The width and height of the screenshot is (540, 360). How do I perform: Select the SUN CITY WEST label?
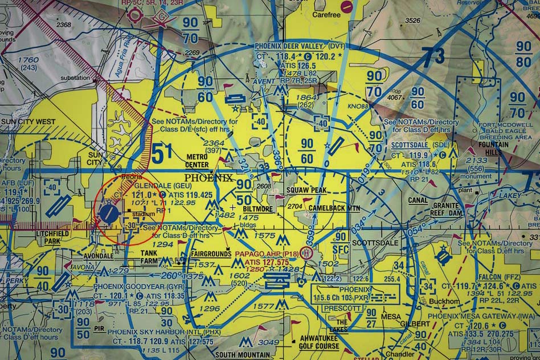tap(28, 122)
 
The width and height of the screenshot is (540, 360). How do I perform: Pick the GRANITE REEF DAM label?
tap(446, 208)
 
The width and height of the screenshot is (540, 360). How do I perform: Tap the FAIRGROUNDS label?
tap(211, 252)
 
